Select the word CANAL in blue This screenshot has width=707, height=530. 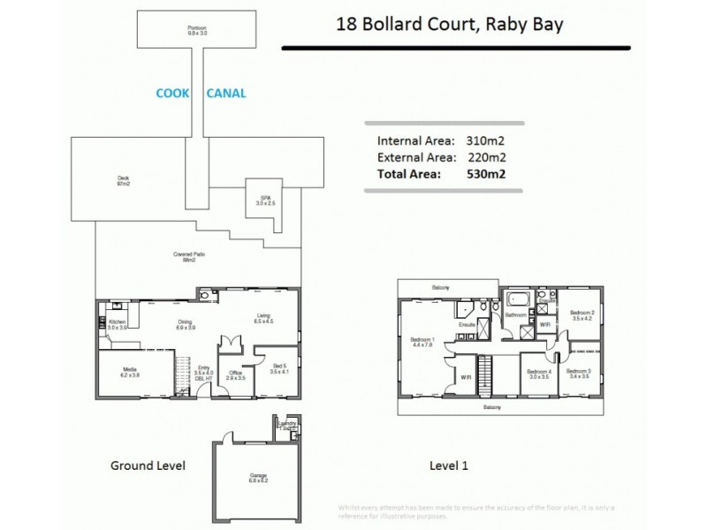click(x=225, y=92)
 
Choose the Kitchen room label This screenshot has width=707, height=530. click(x=118, y=323)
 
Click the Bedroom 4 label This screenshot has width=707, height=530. click(x=539, y=375)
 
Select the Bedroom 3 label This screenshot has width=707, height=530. click(x=579, y=374)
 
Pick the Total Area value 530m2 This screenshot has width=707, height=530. click(x=485, y=175)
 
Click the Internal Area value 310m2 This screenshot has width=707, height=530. click(x=485, y=140)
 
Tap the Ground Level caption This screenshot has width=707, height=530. click(x=147, y=466)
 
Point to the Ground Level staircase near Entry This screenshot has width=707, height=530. click(x=183, y=367)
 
